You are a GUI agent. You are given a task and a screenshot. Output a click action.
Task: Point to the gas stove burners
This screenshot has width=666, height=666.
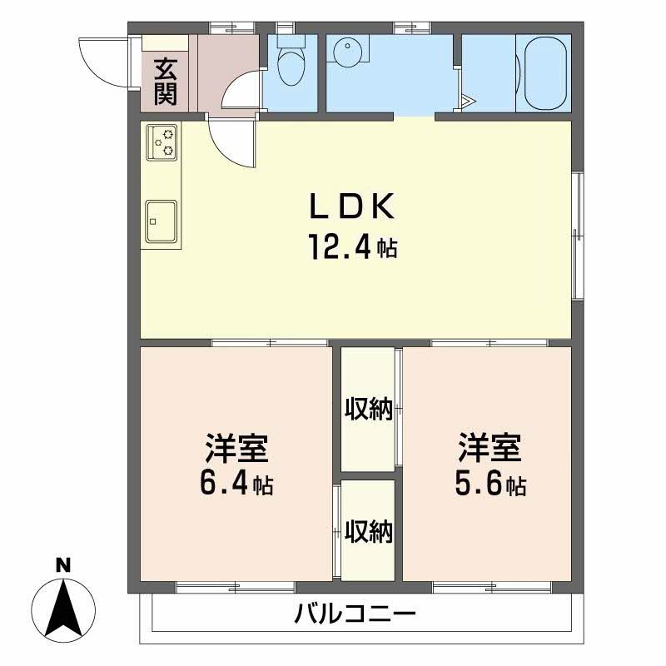click(x=162, y=142)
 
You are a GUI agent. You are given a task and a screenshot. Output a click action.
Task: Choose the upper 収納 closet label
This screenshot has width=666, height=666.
click(x=369, y=410)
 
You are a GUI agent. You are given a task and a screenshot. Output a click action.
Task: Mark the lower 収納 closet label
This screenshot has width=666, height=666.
click(x=369, y=529)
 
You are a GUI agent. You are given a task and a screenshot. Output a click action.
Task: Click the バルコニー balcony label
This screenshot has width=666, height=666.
click(x=355, y=617)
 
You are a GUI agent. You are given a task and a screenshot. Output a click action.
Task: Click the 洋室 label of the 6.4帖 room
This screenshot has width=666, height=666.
click(x=236, y=448)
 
